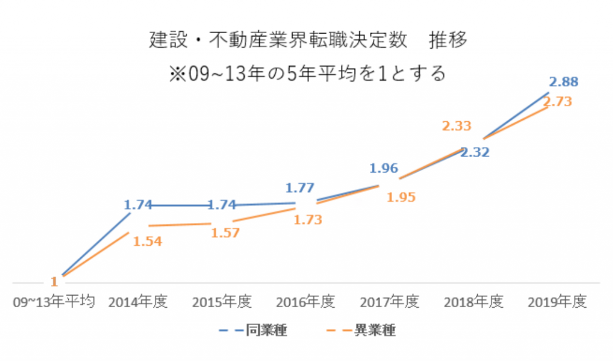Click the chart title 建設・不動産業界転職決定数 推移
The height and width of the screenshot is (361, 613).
point(307,42)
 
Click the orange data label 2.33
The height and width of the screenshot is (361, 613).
point(457,126)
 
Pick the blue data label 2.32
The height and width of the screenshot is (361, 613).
point(475,152)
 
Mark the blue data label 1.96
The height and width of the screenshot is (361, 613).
point(384,169)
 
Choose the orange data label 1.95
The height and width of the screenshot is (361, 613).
point(401,197)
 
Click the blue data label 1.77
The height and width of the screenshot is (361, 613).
point(299,188)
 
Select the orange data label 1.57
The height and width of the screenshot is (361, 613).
point(224,233)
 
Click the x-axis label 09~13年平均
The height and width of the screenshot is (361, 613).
point(54,302)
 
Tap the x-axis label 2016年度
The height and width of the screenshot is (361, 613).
point(305,302)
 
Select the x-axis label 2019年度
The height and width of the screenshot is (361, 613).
point(556,302)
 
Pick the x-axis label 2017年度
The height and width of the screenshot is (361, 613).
point(389,302)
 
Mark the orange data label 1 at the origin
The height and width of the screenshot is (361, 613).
point(54,281)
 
